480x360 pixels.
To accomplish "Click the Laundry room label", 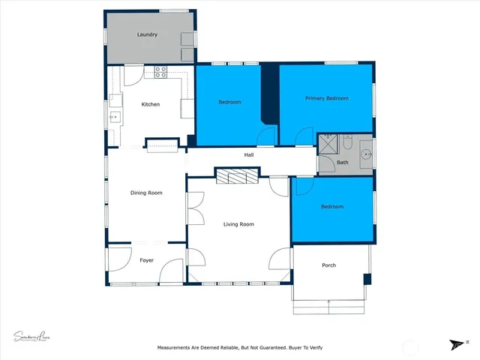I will [146, 35].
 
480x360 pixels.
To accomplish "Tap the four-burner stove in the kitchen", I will [160, 72].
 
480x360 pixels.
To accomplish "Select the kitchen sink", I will [115, 116].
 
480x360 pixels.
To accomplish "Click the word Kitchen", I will [151, 104].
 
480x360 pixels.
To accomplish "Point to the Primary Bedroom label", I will [326, 98].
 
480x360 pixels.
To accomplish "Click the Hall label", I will [248, 155].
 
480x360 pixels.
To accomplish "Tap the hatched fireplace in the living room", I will [237, 175].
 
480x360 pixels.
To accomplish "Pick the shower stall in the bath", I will [326, 144].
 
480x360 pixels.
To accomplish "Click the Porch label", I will [328, 265].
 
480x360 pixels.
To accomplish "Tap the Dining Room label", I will [146, 193].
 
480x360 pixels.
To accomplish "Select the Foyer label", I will [146, 260].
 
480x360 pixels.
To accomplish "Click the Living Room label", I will [238, 224].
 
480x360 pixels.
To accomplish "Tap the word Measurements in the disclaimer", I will [177, 348].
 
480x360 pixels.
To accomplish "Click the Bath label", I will [342, 162].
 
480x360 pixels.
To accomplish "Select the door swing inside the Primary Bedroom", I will [304, 136].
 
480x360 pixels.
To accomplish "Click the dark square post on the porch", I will [367, 279].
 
